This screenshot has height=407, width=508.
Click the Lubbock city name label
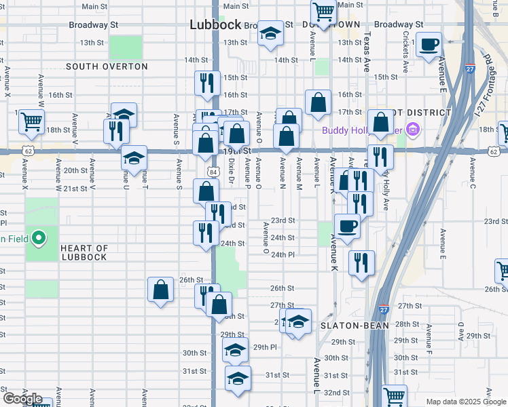[215, 24]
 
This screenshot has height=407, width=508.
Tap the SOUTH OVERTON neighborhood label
[107, 66]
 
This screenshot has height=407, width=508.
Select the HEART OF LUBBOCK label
[84, 252]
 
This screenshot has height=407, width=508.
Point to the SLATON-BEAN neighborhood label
[355, 326]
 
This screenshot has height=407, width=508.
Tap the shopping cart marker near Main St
[324, 11]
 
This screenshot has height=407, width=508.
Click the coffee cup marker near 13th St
[429, 45]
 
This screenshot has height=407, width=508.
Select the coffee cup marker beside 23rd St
[347, 225]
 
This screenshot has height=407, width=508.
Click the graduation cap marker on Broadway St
[270, 34]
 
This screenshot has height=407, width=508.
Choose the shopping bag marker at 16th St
[318, 102]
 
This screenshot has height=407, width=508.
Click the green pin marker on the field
[39, 238]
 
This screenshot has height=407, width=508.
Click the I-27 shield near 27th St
[384, 309]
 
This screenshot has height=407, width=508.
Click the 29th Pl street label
[265, 347]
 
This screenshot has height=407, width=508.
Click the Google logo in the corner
[22, 399]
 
